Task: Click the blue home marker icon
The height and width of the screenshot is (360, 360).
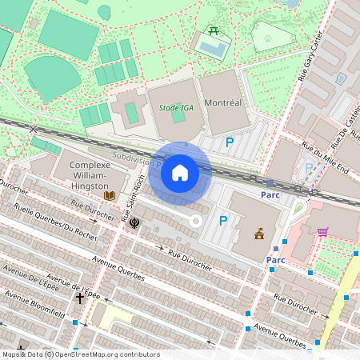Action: coord(180,172)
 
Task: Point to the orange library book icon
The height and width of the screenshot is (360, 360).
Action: coord(110,194)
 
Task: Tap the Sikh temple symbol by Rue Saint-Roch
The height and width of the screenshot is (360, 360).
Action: coord(134,222)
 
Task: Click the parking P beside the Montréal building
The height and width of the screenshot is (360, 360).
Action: coord(230,142)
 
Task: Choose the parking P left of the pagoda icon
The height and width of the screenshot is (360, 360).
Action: coord(223,221)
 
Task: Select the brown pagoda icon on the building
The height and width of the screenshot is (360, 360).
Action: coord(259,234)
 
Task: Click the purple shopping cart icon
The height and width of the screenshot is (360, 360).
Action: coord(322,232)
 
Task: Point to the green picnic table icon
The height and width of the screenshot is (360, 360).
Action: coord(214,31)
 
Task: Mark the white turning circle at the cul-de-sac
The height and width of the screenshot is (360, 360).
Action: coord(194,219)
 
